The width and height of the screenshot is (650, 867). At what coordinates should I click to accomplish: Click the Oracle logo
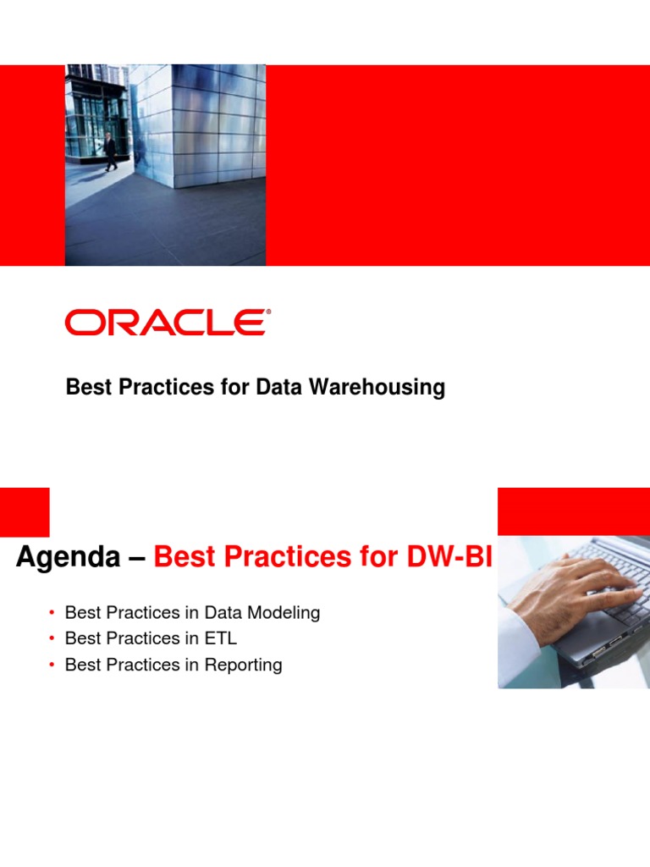click(166, 323)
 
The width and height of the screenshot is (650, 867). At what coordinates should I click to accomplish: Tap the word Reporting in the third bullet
click(242, 665)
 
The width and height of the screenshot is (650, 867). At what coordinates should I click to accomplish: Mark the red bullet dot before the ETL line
click(52, 639)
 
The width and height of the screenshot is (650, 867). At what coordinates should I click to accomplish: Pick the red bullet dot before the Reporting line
click(52, 665)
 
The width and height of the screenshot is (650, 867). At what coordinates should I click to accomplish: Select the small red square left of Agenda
click(25, 511)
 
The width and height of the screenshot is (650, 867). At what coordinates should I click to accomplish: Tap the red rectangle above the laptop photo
click(573, 511)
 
